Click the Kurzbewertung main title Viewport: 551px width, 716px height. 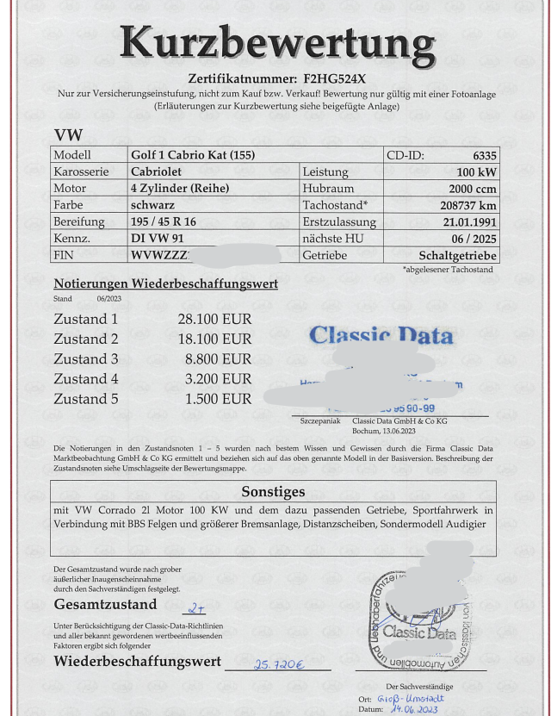click(277, 41)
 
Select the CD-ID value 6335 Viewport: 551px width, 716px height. click(485, 155)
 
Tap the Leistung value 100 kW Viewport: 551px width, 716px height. click(476, 171)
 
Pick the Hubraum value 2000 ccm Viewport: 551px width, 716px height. click(472, 188)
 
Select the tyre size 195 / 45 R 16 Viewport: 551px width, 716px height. click(163, 221)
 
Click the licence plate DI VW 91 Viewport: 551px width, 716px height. click(157, 239)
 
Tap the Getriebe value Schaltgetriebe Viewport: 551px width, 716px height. click(458, 255)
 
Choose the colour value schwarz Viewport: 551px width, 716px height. click(152, 205)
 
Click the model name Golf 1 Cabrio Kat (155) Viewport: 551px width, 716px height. click(192, 155)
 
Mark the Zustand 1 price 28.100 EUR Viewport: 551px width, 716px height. click(214, 319)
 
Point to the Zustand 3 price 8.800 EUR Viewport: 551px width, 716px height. click(219, 358)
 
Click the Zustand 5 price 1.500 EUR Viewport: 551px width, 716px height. click(219, 399)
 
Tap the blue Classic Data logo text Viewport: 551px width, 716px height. click(381, 334)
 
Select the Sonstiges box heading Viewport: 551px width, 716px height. click(273, 491)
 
